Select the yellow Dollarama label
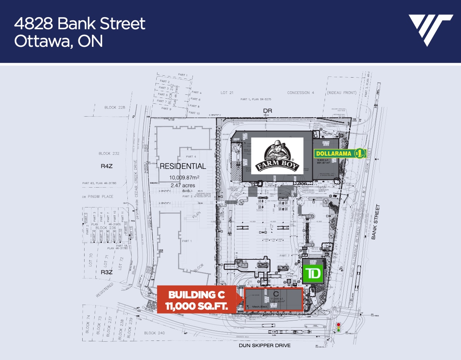coord(340,153)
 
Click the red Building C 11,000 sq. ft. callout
coord(196,300)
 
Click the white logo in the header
coord(430,30)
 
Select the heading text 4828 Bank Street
coord(79,24)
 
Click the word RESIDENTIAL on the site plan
coord(183,166)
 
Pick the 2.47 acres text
coord(183,185)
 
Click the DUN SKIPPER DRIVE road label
coord(265,346)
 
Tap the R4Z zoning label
coord(106,166)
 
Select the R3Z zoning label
coord(106,272)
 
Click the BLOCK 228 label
coord(115,107)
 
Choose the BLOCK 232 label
coord(109,153)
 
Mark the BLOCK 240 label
coord(155,333)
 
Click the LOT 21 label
coord(226,92)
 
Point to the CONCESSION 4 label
coord(300,92)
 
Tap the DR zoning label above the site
coord(267,111)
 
